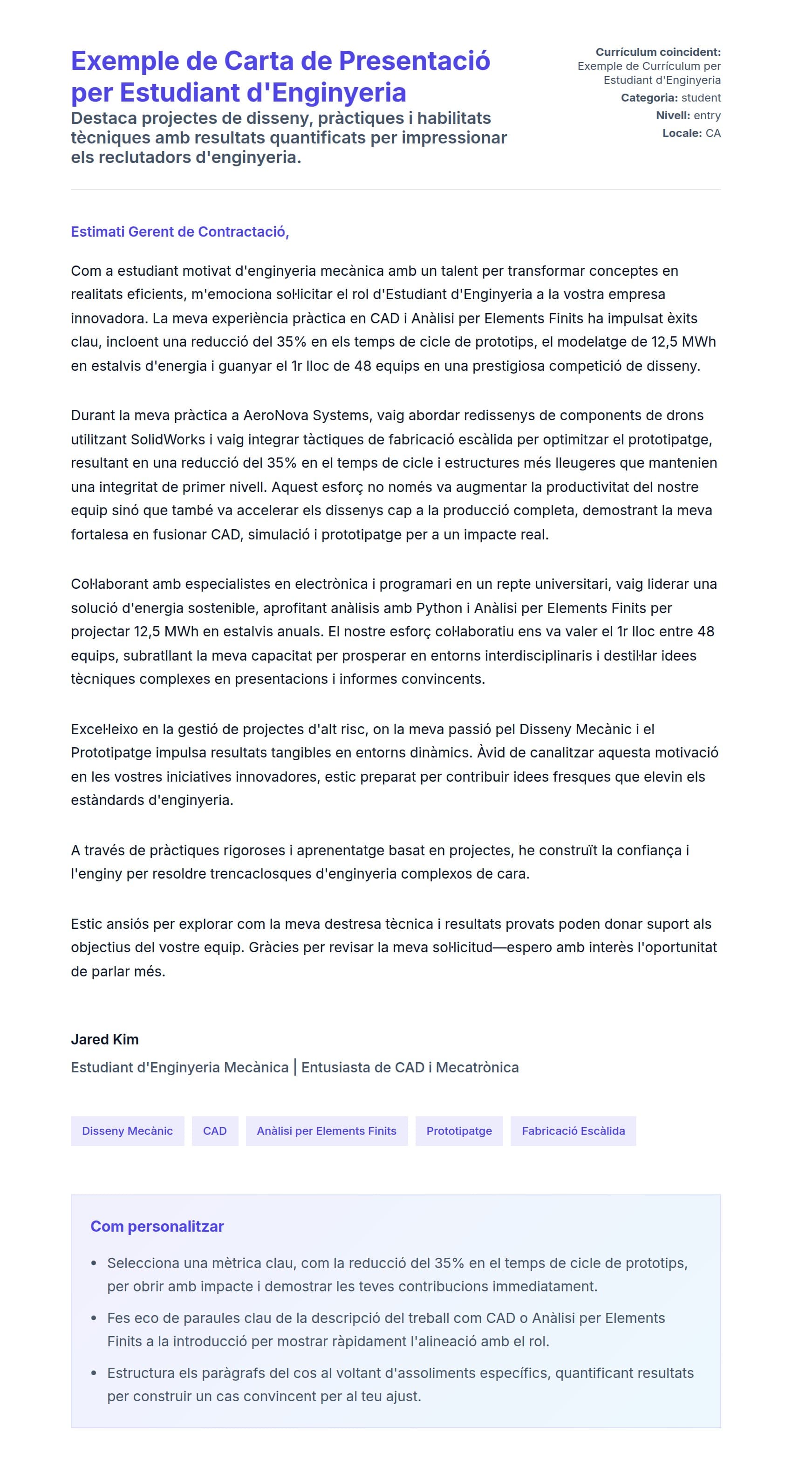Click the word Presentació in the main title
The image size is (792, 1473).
tap(414, 61)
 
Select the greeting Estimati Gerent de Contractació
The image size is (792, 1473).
tap(179, 232)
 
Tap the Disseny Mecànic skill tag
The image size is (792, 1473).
tap(127, 1131)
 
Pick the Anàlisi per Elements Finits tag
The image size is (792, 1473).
tap(326, 1131)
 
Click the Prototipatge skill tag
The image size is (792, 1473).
tap(458, 1131)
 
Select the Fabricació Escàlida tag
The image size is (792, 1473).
tap(573, 1131)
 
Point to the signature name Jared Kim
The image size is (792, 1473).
tap(105, 1039)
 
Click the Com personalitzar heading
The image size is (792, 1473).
tap(157, 1226)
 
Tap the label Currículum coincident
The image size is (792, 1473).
tap(658, 52)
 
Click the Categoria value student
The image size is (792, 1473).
tap(701, 98)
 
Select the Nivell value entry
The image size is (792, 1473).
tap(707, 116)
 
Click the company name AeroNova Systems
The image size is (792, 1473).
tap(306, 415)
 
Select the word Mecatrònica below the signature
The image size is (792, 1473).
tap(477, 1067)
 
